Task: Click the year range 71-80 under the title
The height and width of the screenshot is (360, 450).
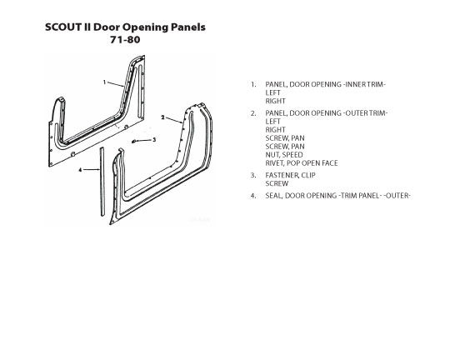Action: point(125,40)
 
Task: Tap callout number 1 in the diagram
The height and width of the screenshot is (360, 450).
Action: point(105,82)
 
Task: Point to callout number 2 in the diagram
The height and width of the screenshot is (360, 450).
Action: point(162,117)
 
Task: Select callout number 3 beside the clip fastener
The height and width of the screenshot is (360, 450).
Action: point(154,140)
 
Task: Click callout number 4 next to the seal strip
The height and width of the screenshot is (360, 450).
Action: point(80,170)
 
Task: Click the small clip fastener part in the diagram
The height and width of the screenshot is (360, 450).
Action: point(133,141)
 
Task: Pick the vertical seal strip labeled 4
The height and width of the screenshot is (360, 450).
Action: point(102,182)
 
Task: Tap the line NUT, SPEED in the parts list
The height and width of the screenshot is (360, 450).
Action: point(284,155)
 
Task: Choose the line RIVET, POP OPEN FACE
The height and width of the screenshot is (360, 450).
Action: point(302,163)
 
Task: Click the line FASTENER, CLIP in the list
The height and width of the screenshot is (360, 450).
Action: point(291,175)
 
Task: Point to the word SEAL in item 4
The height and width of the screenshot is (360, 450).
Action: point(273,196)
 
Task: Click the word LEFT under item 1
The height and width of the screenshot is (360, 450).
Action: point(272,92)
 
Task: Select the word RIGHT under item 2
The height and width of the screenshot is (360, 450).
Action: point(276,130)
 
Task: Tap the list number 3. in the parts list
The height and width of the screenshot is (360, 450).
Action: point(253,175)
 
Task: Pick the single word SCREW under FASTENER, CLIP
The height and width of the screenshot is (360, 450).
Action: point(277,183)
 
